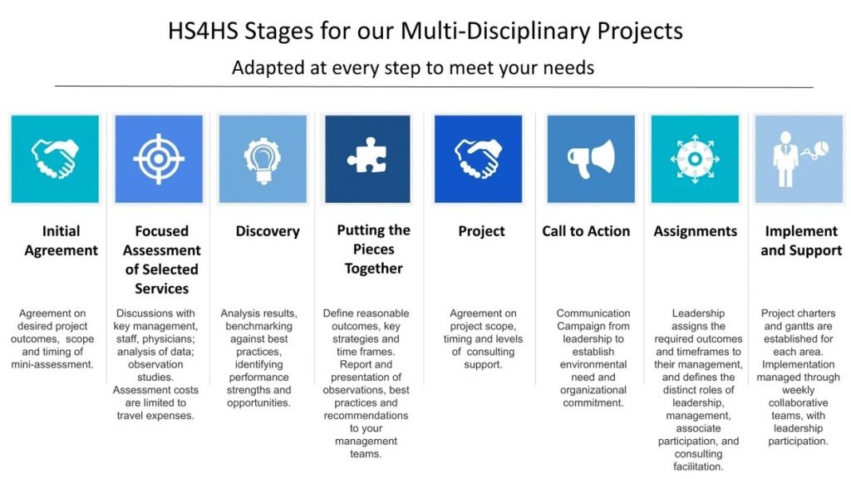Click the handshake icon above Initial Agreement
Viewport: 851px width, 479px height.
coord(55,159)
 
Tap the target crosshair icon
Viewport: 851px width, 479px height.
coord(159,159)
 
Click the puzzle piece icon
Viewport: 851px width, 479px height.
coord(366,156)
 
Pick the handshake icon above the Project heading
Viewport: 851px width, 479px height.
coord(478,159)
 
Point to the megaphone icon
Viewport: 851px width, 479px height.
coord(591,159)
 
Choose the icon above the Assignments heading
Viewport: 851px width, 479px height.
coord(695,159)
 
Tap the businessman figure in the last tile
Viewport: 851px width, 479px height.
coord(785,159)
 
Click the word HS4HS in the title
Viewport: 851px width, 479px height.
coord(203,31)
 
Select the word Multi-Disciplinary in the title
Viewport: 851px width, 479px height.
coord(495,31)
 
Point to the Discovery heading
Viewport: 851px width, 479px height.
coord(268,231)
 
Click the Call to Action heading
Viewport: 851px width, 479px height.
coord(586,231)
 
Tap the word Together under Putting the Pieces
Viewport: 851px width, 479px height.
coord(373,269)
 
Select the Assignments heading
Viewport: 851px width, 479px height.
coord(696,231)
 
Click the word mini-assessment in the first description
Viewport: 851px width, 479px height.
coord(52,364)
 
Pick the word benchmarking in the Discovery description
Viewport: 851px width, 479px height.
coord(259,326)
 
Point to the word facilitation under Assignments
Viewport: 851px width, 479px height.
coord(698,467)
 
